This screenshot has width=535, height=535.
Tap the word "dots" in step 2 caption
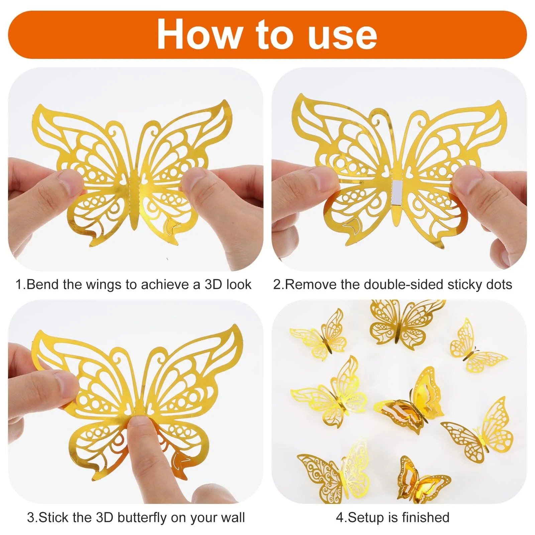(x=499, y=285)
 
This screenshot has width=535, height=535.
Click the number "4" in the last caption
(x=340, y=517)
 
